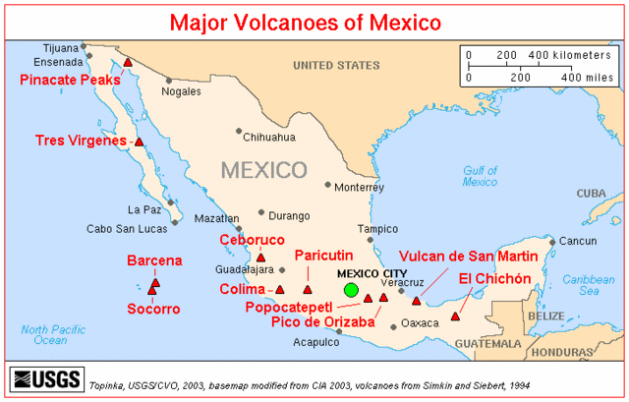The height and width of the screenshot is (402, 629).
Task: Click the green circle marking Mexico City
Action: [351, 290]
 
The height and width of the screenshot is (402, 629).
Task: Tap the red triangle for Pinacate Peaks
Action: [128, 64]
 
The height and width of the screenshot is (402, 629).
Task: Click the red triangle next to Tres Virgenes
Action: [139, 142]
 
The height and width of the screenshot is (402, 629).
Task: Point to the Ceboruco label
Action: [252, 240]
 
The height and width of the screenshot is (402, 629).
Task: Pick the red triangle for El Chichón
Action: [454, 316]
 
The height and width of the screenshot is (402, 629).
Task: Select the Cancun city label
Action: [581, 242]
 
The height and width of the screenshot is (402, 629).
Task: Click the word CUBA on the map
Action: [592, 193]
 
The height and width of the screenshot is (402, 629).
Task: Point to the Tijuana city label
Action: [61, 46]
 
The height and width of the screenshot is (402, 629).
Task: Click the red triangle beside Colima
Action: [280, 290]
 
